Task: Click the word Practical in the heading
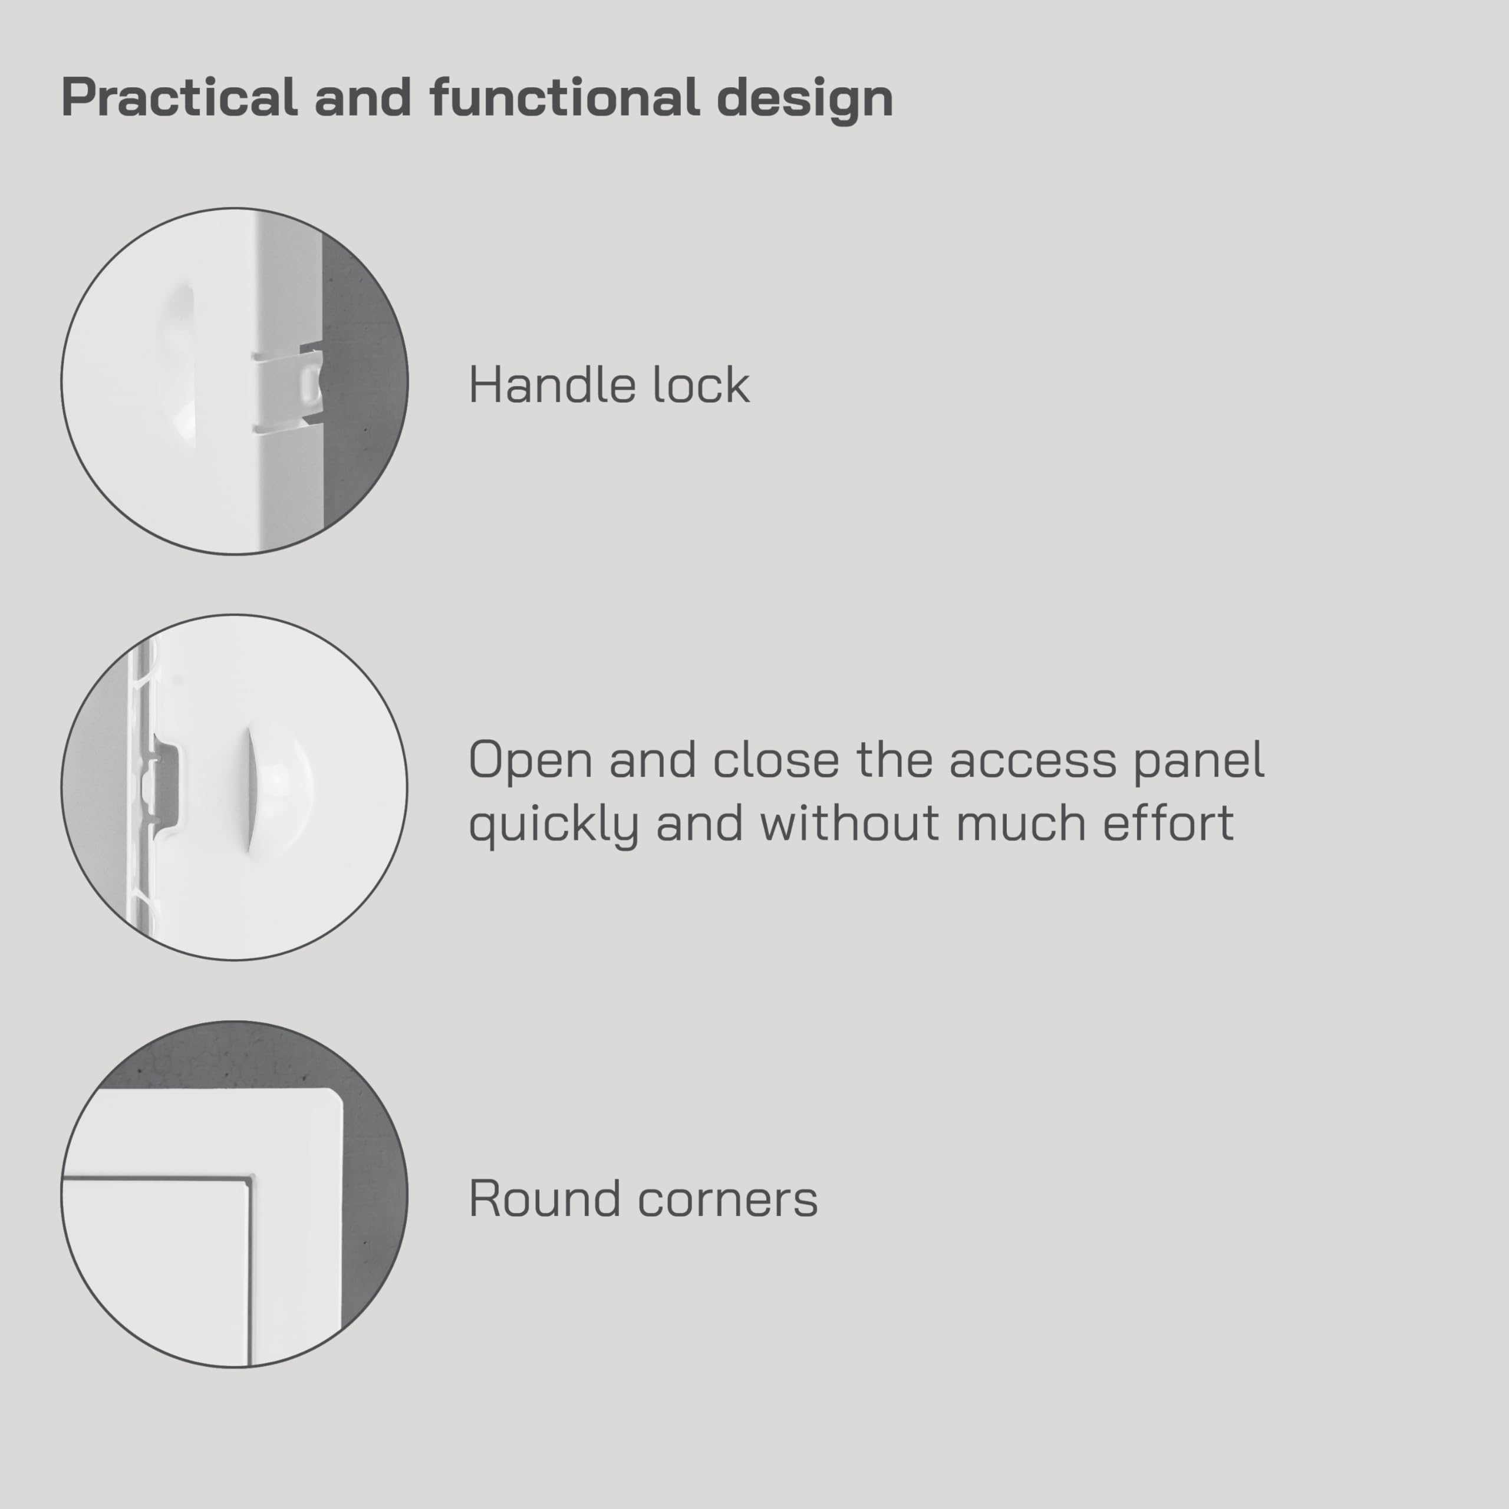tap(179, 98)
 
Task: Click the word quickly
tap(553, 825)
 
